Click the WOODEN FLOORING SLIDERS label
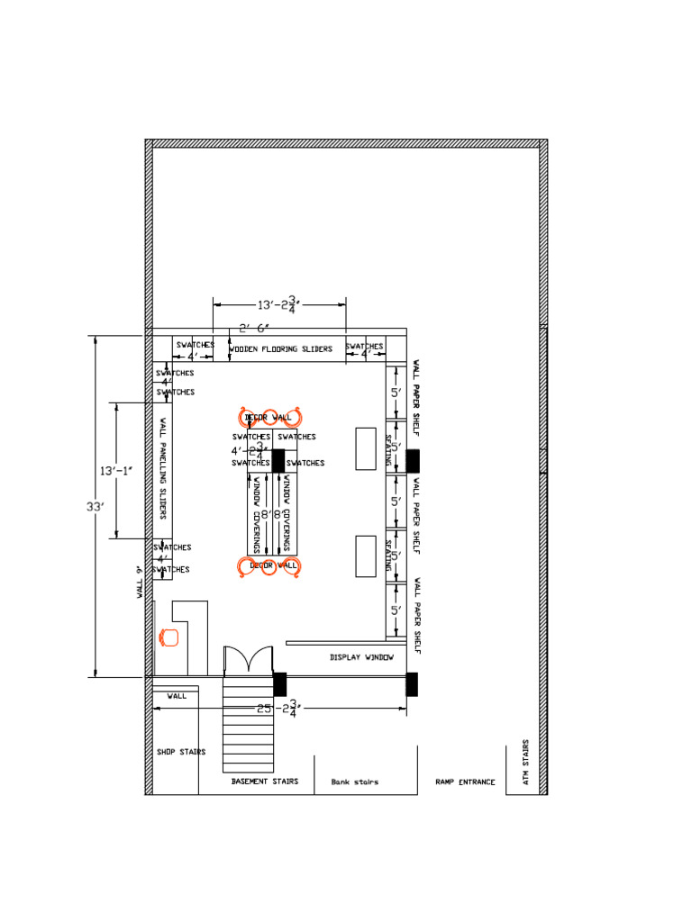click(x=280, y=349)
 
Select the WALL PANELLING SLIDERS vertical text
click(x=163, y=468)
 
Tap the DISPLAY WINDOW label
click(x=361, y=657)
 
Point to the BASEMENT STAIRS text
click(x=264, y=782)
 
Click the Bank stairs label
click(x=354, y=782)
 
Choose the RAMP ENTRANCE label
click(x=465, y=782)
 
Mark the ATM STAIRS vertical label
click(x=526, y=763)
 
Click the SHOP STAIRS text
click(x=180, y=752)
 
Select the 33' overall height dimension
click(x=96, y=507)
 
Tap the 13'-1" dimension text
click(x=116, y=470)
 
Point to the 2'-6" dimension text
click(x=254, y=328)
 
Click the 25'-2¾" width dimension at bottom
click(x=278, y=710)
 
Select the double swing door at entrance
click(x=248, y=661)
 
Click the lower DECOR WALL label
click(x=273, y=565)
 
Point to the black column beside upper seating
click(x=413, y=460)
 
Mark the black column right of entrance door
click(x=279, y=683)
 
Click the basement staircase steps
click(x=249, y=724)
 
